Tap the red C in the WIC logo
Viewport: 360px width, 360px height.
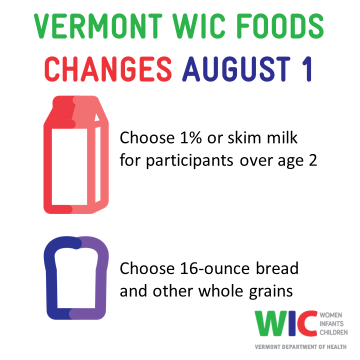pyautogui.click(x=306, y=325)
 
